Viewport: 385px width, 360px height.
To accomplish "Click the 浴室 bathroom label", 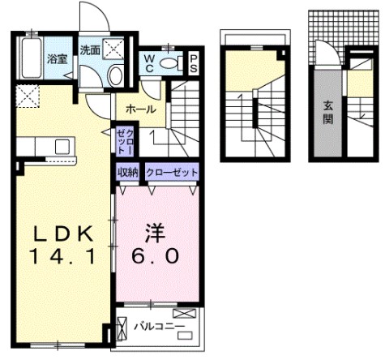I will click(57, 58).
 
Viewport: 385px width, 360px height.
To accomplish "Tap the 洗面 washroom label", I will click(89, 49).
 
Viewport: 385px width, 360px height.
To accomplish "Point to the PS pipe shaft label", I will click(194, 63).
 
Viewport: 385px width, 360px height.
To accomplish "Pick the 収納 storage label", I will click(128, 172).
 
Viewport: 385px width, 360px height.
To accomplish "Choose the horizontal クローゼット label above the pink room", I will click(172, 172).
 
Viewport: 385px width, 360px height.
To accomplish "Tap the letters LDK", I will click(63, 234).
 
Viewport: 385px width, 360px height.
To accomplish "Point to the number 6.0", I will click(156, 256).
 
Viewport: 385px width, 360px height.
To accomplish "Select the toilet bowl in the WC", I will click(171, 62).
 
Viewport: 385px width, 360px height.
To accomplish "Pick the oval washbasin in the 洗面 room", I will click(115, 76).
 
